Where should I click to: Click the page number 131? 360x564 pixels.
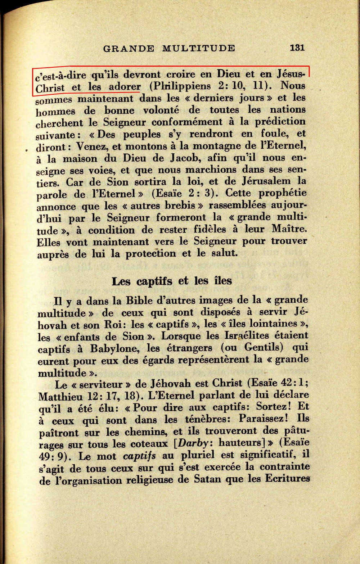pos(297,48)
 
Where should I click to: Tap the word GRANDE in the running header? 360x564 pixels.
pos(129,48)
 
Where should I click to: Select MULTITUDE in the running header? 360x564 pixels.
pos(199,48)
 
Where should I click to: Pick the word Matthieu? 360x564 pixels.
pos(61,396)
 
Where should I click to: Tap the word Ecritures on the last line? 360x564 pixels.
pos(287,479)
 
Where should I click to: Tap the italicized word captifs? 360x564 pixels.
pos(139,456)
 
